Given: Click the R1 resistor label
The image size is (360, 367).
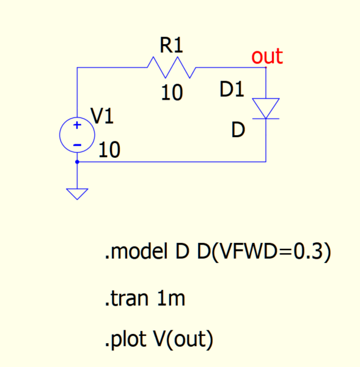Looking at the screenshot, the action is click(171, 45).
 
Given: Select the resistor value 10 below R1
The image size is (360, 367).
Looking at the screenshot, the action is click(172, 92).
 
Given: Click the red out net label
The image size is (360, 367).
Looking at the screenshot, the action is click(267, 56).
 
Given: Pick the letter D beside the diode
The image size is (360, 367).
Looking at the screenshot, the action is click(238, 130).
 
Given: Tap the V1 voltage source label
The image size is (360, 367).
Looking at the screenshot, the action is click(102, 116).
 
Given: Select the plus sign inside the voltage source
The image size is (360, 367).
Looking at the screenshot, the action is click(77, 125).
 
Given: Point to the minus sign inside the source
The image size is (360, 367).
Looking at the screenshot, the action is click(77, 145).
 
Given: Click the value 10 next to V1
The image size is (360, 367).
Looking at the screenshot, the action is click(109, 150).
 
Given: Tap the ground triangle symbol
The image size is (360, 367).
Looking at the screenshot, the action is click(77, 194).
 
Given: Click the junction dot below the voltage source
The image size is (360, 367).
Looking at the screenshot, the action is click(77, 161).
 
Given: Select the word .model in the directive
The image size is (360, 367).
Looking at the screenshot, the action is click(136, 251).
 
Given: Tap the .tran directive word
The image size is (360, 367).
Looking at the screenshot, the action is click(127, 298).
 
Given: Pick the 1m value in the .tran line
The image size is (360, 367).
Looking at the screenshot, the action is click(171, 298).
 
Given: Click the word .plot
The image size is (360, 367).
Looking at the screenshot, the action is click(126, 339).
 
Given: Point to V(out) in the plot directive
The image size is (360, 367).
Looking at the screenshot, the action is click(183, 340).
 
